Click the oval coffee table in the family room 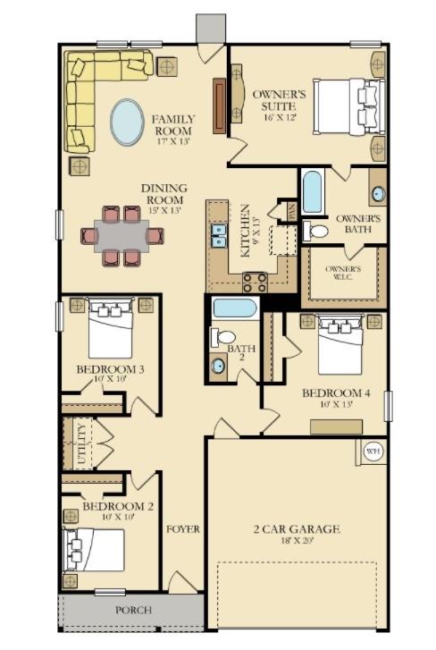tap(127, 122)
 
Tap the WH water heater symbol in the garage tap(373, 452)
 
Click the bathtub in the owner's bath tap(312, 191)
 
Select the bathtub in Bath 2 tap(235, 309)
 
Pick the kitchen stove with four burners tap(255, 283)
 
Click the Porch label tap(133, 610)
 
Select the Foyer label tap(182, 528)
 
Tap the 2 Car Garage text tap(295, 529)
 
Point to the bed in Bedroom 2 tap(94, 548)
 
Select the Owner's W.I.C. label tap(343, 274)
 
